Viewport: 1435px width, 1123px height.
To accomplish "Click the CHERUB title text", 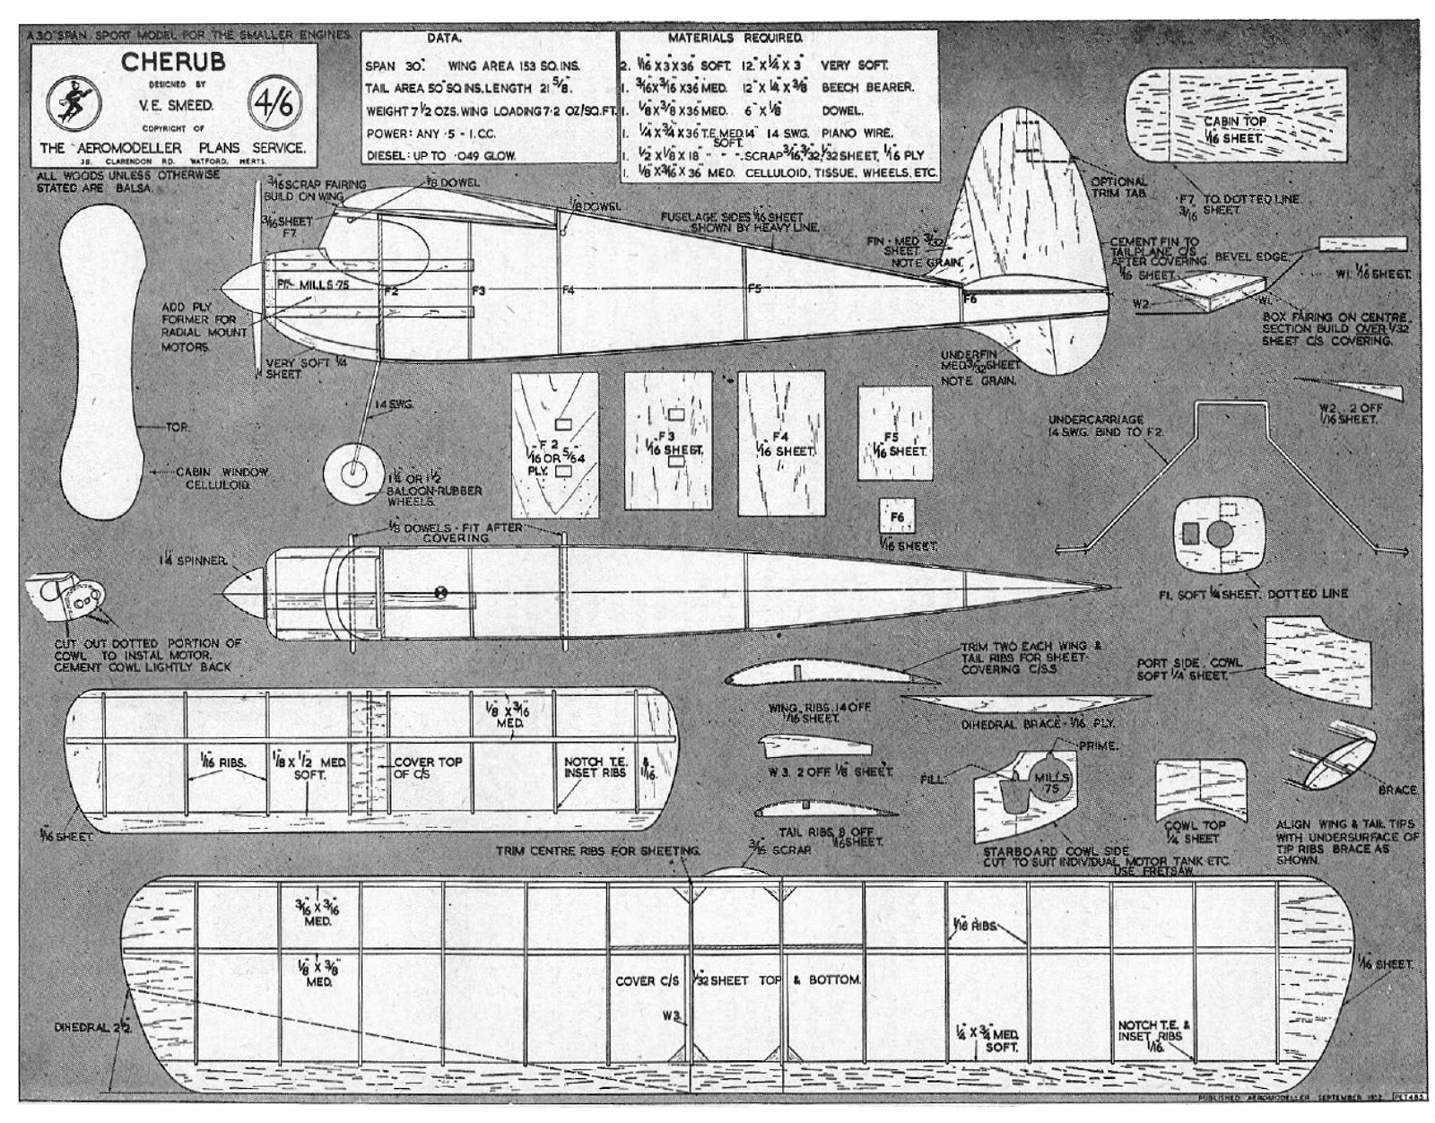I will pos(173,62).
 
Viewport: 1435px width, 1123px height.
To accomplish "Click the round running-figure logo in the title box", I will pos(74,105).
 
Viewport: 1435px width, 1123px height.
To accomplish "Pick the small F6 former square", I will pos(898,517).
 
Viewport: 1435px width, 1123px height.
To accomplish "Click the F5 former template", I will pos(893,444).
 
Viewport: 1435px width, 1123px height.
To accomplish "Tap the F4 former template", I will pos(781,444).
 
